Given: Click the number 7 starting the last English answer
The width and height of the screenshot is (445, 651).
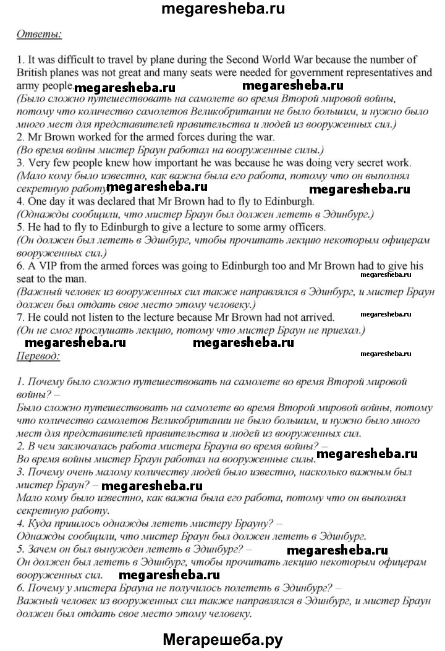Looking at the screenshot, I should pos(20,317).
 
